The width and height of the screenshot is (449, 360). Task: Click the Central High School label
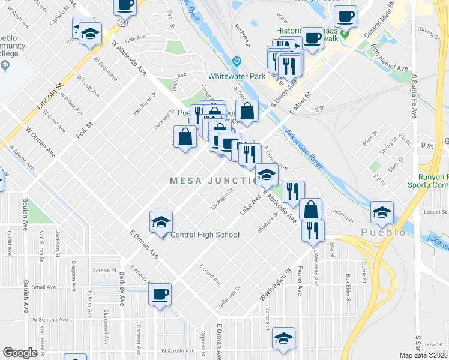205,235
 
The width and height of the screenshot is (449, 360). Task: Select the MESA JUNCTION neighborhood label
213,181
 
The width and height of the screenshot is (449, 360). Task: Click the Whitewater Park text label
237,76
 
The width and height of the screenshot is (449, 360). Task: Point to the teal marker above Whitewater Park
237,61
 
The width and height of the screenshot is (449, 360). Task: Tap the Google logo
20,353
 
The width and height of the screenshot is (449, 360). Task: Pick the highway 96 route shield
122,22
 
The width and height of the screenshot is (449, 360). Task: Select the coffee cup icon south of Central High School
160,295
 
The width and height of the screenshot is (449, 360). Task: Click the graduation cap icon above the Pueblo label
381,212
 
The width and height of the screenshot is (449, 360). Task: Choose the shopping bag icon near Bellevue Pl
310,209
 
